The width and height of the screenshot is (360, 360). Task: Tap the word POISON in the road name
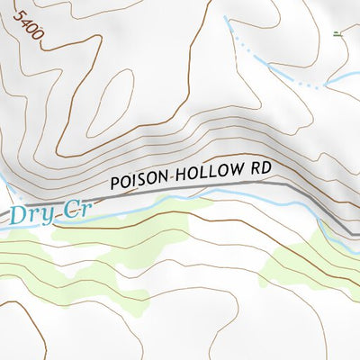tap(138, 179)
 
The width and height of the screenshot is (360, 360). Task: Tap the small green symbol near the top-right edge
tap(337, 34)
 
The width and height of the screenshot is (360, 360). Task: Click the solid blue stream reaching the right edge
tap(346, 79)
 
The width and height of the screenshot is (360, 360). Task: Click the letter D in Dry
tap(18, 215)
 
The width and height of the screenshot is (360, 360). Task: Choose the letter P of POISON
tap(114, 182)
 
